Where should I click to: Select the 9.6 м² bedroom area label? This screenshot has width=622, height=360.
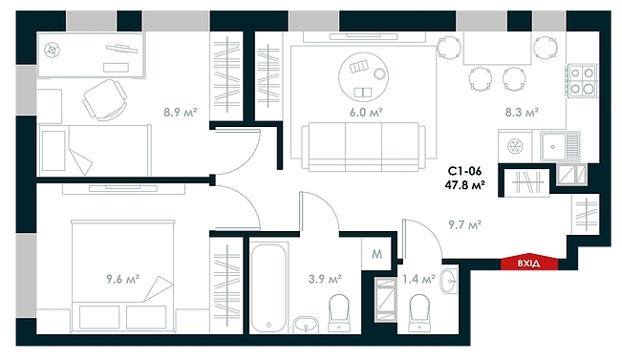tap(123, 280)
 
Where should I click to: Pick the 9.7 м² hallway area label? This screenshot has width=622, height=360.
tap(464, 225)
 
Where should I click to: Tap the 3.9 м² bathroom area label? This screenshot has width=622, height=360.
tap(327, 280)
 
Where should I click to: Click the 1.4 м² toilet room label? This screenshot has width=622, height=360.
tap(419, 280)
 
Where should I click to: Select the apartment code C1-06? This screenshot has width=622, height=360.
tap(465, 172)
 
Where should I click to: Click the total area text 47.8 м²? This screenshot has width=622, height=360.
tap(465, 186)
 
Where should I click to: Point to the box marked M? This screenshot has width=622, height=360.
tap(376, 254)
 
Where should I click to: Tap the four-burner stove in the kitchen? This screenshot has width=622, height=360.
tap(582, 79)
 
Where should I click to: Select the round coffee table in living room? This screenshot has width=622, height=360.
tap(363, 72)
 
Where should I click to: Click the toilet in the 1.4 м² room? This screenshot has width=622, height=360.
tap(418, 309)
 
